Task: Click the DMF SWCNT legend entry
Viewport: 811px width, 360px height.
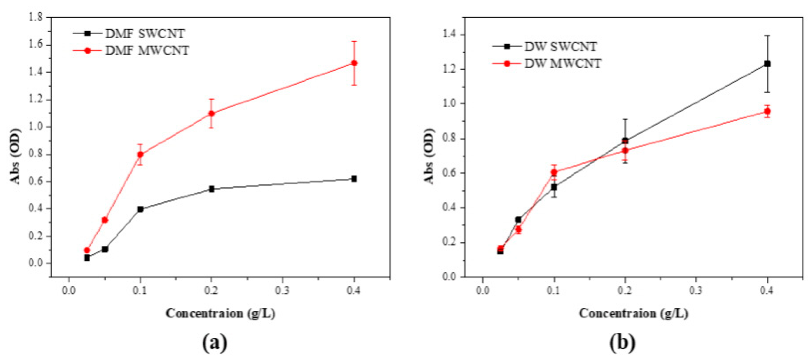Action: (145, 34)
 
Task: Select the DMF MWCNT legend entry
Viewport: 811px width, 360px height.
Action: (147, 50)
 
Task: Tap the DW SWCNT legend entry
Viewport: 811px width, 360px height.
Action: (560, 47)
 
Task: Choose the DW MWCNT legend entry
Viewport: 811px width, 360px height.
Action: (563, 64)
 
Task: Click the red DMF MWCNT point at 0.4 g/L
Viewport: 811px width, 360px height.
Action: (354, 63)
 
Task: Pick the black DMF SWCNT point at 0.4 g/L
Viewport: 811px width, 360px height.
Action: (354, 178)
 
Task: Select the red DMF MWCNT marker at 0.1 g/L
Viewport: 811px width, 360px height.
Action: (140, 154)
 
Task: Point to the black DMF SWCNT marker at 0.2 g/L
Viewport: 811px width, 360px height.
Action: (212, 189)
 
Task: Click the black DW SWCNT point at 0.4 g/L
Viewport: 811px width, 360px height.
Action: (768, 64)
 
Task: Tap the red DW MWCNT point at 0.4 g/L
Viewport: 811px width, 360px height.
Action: (768, 111)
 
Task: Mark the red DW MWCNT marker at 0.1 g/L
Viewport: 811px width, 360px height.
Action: (554, 172)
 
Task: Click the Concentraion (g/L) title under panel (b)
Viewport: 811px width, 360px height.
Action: (633, 313)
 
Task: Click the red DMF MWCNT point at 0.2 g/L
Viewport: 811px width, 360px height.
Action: (212, 113)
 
